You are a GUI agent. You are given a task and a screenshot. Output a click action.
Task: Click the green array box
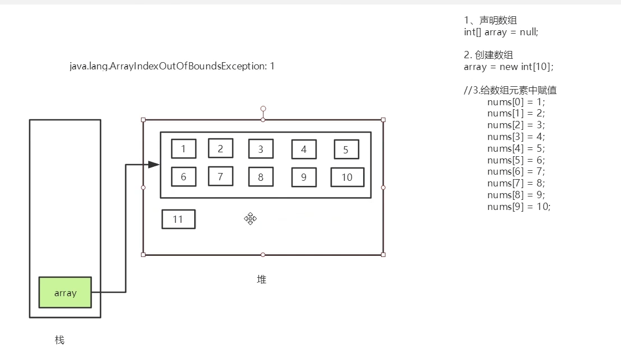[65, 292]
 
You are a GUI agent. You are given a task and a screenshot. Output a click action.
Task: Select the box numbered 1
[184, 149]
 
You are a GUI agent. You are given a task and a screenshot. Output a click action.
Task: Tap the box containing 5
[346, 149]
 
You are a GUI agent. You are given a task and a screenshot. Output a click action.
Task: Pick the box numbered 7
[220, 176]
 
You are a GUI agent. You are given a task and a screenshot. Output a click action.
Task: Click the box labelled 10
[347, 177]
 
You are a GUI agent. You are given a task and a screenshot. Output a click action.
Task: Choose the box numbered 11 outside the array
[178, 219]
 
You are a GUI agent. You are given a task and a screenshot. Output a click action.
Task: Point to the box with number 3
[261, 149]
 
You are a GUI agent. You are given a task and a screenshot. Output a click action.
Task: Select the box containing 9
[304, 177]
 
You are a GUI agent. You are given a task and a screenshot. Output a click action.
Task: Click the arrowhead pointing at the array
[153, 164]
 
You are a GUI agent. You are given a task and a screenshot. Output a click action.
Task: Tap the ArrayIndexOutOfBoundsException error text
[172, 66]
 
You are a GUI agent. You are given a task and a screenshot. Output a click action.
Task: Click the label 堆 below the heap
[261, 279]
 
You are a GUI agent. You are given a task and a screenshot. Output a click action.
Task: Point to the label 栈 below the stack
[59, 339]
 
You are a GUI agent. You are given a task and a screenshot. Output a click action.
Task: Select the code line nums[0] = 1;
[516, 102]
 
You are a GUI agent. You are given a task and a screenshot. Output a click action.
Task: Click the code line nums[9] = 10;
[519, 207]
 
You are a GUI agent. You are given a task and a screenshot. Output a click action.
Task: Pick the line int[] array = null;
[501, 32]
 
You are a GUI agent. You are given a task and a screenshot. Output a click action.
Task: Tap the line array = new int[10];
[509, 67]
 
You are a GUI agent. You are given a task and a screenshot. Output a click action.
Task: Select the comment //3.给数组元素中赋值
[510, 90]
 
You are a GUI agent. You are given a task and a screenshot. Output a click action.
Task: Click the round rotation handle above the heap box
[263, 109]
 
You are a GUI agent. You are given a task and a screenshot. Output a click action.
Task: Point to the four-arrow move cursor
[250, 218]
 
